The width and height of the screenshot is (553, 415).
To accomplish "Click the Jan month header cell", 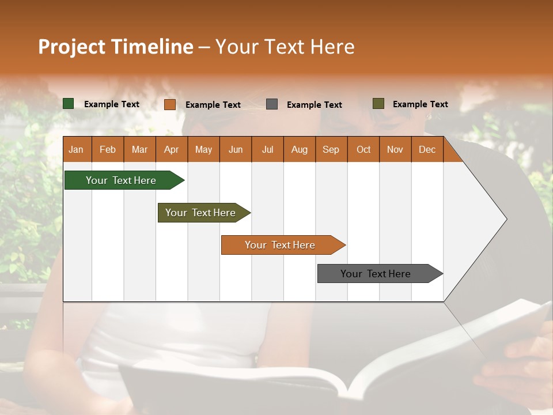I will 77,149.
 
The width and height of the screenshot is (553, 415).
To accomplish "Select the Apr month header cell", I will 172,149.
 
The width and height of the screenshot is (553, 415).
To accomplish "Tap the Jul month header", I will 267,149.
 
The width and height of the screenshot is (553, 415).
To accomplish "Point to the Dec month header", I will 427,149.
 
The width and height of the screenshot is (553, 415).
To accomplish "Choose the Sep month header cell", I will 331,149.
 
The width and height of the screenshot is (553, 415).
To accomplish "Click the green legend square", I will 69,104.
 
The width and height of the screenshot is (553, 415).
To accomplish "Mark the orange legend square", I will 169,104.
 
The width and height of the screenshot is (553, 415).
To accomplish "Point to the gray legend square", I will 272,104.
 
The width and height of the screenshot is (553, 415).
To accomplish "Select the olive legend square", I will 378,104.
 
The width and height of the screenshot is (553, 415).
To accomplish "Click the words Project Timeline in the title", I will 116,47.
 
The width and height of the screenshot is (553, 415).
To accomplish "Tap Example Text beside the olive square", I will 420,104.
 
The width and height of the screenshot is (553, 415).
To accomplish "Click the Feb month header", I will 108,149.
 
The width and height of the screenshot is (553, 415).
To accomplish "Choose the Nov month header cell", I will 395,149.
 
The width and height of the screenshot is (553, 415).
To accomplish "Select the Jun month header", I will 236,149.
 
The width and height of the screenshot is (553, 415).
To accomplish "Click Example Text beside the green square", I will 112,104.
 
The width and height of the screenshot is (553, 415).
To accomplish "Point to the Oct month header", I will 363,149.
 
